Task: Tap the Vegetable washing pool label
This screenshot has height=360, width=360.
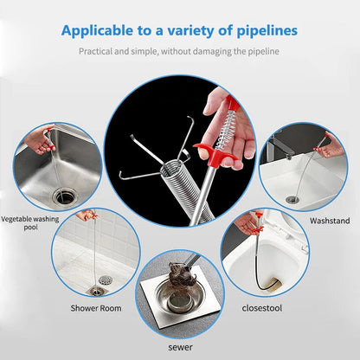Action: (x=29, y=223)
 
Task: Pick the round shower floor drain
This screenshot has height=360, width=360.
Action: (x=106, y=280)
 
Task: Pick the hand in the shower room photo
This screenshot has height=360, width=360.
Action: (x=85, y=215)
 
